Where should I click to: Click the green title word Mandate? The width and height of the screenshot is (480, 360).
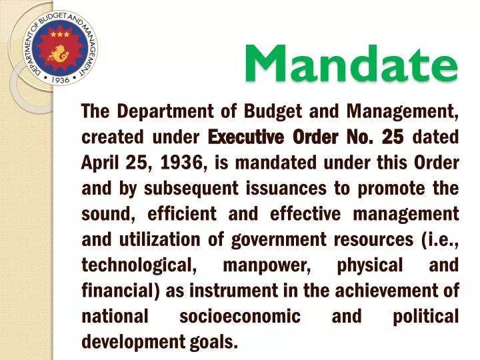click(x=351, y=63)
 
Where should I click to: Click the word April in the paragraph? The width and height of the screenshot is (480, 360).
click(x=101, y=163)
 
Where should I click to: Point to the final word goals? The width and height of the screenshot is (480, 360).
click(x=216, y=342)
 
